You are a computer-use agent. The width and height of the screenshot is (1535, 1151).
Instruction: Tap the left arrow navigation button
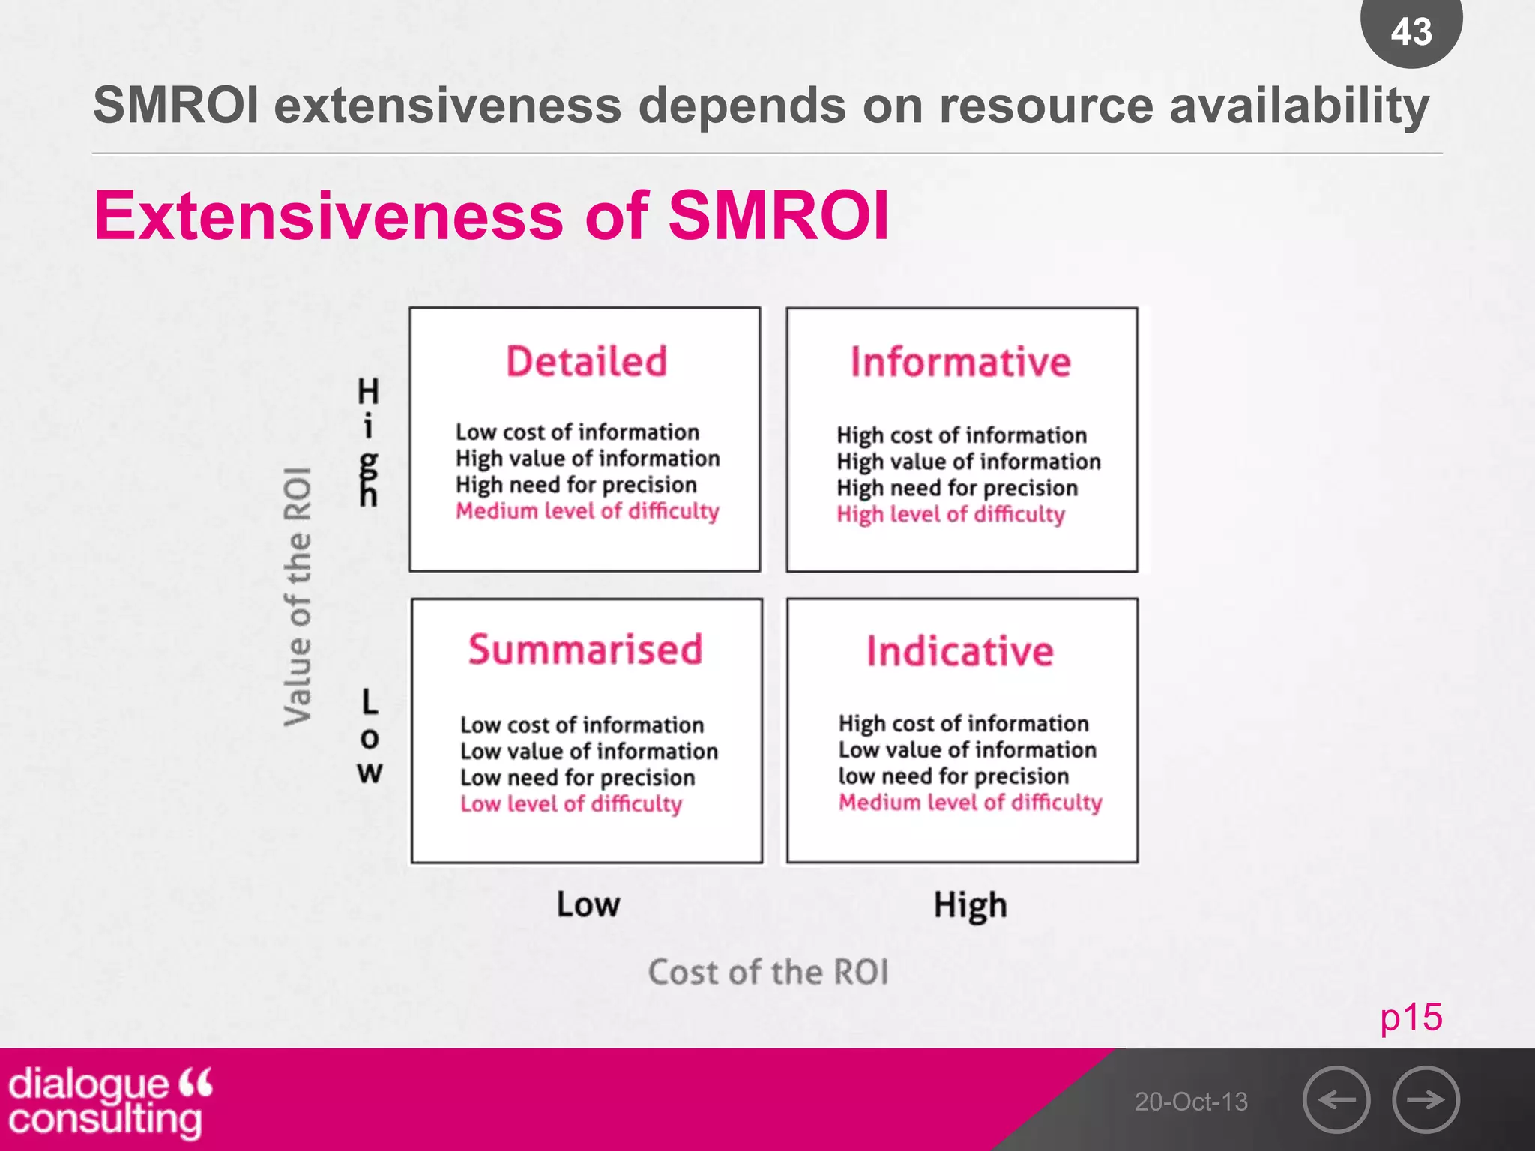point(1336,1099)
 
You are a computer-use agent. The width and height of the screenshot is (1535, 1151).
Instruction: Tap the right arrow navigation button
point(1426,1099)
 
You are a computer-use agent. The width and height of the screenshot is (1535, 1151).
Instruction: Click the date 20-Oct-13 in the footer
point(1191,1102)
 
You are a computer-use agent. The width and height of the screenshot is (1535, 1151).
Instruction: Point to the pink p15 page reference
point(1411,1017)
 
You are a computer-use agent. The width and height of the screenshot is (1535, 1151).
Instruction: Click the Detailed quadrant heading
point(586,361)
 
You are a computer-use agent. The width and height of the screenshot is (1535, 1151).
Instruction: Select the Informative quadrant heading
point(961,362)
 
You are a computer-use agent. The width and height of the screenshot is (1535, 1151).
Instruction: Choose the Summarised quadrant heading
point(585,649)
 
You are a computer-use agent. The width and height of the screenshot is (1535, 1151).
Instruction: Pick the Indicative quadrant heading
point(960,650)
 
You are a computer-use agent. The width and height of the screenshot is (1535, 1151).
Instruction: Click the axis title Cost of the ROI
point(768,972)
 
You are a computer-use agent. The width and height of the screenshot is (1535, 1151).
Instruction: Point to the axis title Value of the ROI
point(298,596)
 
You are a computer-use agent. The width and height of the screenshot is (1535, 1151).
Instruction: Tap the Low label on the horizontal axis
point(588,904)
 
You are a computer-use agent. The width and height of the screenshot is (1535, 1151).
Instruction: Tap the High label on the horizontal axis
point(970,905)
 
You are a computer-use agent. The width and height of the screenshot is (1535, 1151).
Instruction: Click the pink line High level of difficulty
point(950,514)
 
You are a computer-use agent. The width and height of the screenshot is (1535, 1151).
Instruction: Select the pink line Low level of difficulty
point(571,804)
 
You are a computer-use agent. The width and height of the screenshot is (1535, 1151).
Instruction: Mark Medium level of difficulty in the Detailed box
point(587,511)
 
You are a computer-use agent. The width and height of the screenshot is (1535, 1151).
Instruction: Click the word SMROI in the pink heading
point(778,216)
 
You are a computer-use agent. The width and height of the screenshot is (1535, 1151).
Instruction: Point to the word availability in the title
point(1299,106)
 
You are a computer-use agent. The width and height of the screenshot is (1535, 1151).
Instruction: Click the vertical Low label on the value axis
point(370,737)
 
